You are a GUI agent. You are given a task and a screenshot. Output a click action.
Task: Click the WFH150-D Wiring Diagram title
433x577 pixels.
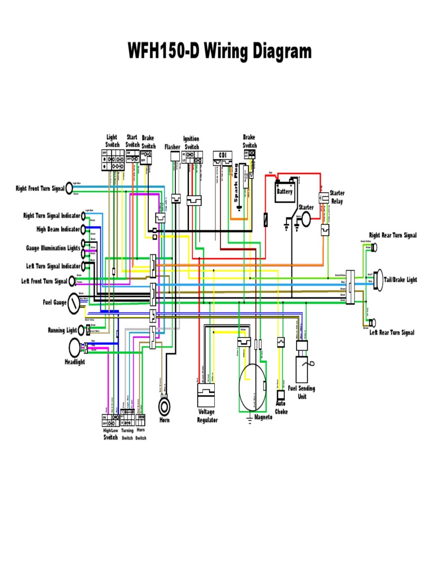[x=219, y=51]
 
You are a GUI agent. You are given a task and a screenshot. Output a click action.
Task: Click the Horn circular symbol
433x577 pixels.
[x=165, y=406]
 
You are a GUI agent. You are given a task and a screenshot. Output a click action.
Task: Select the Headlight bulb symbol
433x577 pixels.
[x=74, y=348]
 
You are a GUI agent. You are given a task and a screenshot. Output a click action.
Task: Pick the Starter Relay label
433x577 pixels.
[x=337, y=197]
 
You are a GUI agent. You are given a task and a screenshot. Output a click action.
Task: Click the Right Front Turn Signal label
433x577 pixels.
[x=40, y=188]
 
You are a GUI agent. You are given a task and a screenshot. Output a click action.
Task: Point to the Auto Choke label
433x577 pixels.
[x=281, y=408]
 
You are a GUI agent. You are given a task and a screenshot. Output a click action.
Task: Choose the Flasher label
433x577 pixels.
[x=173, y=147]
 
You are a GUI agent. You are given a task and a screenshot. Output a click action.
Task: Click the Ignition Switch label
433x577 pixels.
[x=192, y=143]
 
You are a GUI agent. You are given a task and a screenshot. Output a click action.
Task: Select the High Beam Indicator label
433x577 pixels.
[x=58, y=229]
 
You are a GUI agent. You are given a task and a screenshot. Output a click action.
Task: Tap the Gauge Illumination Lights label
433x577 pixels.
[x=53, y=248]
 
